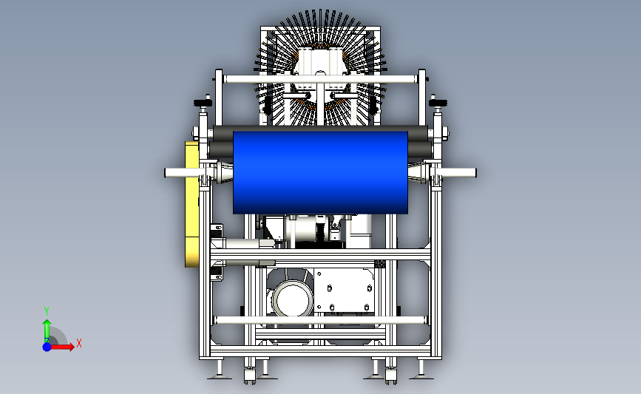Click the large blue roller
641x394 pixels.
click(x=320, y=172)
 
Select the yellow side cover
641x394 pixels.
click(x=191, y=204)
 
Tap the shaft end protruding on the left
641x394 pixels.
click(x=182, y=173)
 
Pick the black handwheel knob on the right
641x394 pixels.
click(x=438, y=103)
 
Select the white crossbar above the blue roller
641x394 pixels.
click(x=321, y=79)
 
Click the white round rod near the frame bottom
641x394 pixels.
click(x=320, y=320)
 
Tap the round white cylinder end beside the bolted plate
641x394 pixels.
click(x=293, y=299)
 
